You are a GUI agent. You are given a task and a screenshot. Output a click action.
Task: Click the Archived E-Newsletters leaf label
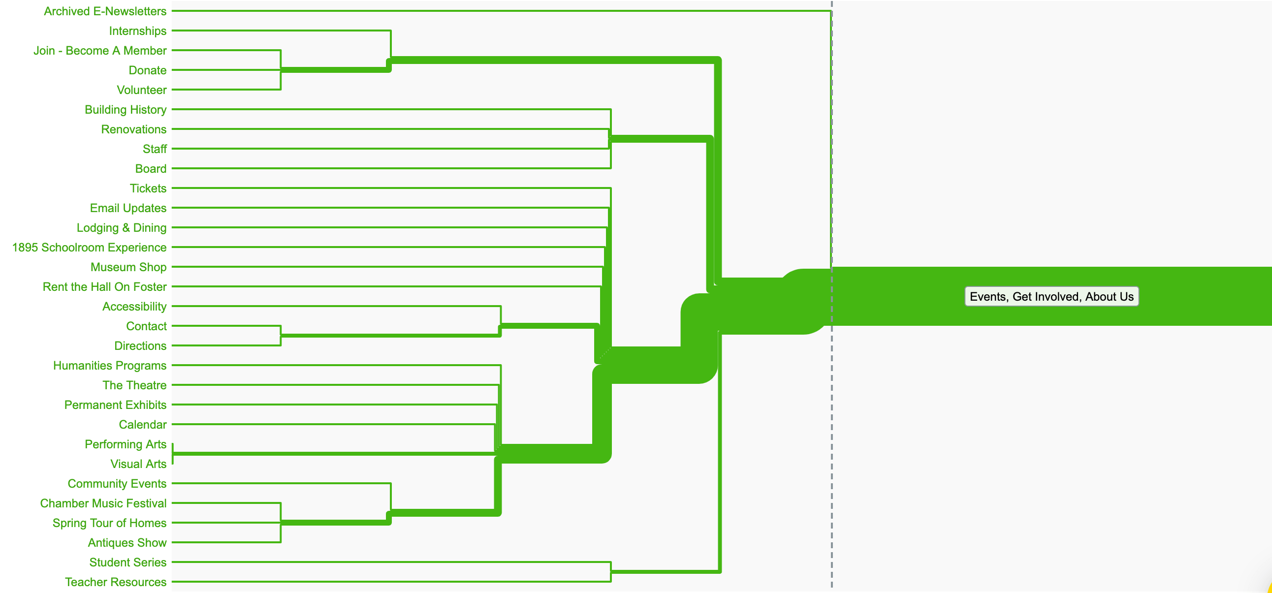click(105, 11)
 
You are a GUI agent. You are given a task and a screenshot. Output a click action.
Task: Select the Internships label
click(137, 31)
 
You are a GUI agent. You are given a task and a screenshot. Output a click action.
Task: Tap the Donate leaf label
click(147, 70)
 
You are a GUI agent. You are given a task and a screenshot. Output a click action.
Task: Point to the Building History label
click(126, 110)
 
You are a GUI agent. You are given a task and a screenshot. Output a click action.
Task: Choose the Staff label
click(155, 149)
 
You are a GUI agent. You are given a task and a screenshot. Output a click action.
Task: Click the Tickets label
click(148, 188)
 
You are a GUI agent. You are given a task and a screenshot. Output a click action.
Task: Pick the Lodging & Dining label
click(122, 228)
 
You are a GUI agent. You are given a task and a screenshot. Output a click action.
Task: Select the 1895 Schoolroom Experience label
click(90, 248)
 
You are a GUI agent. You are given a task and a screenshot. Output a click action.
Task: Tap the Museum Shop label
click(128, 268)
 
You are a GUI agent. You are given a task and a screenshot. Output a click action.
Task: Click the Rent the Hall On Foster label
click(105, 287)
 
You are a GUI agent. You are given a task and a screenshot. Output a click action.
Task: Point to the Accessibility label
click(134, 307)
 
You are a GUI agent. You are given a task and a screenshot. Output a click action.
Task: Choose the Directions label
click(140, 346)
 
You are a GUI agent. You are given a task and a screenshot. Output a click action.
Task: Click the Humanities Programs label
click(110, 366)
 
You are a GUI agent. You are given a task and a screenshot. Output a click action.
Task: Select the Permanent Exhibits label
click(115, 406)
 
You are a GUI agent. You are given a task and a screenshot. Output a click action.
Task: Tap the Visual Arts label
click(138, 465)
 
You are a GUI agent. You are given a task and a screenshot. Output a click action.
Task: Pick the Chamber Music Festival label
click(103, 503)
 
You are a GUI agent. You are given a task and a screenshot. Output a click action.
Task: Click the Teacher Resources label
click(116, 583)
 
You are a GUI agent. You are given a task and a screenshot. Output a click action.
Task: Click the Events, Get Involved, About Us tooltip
click(1051, 297)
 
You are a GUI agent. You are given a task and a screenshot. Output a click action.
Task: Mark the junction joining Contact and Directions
click(281, 336)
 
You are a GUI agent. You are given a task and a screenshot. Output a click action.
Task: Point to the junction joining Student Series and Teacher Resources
click(611, 572)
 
